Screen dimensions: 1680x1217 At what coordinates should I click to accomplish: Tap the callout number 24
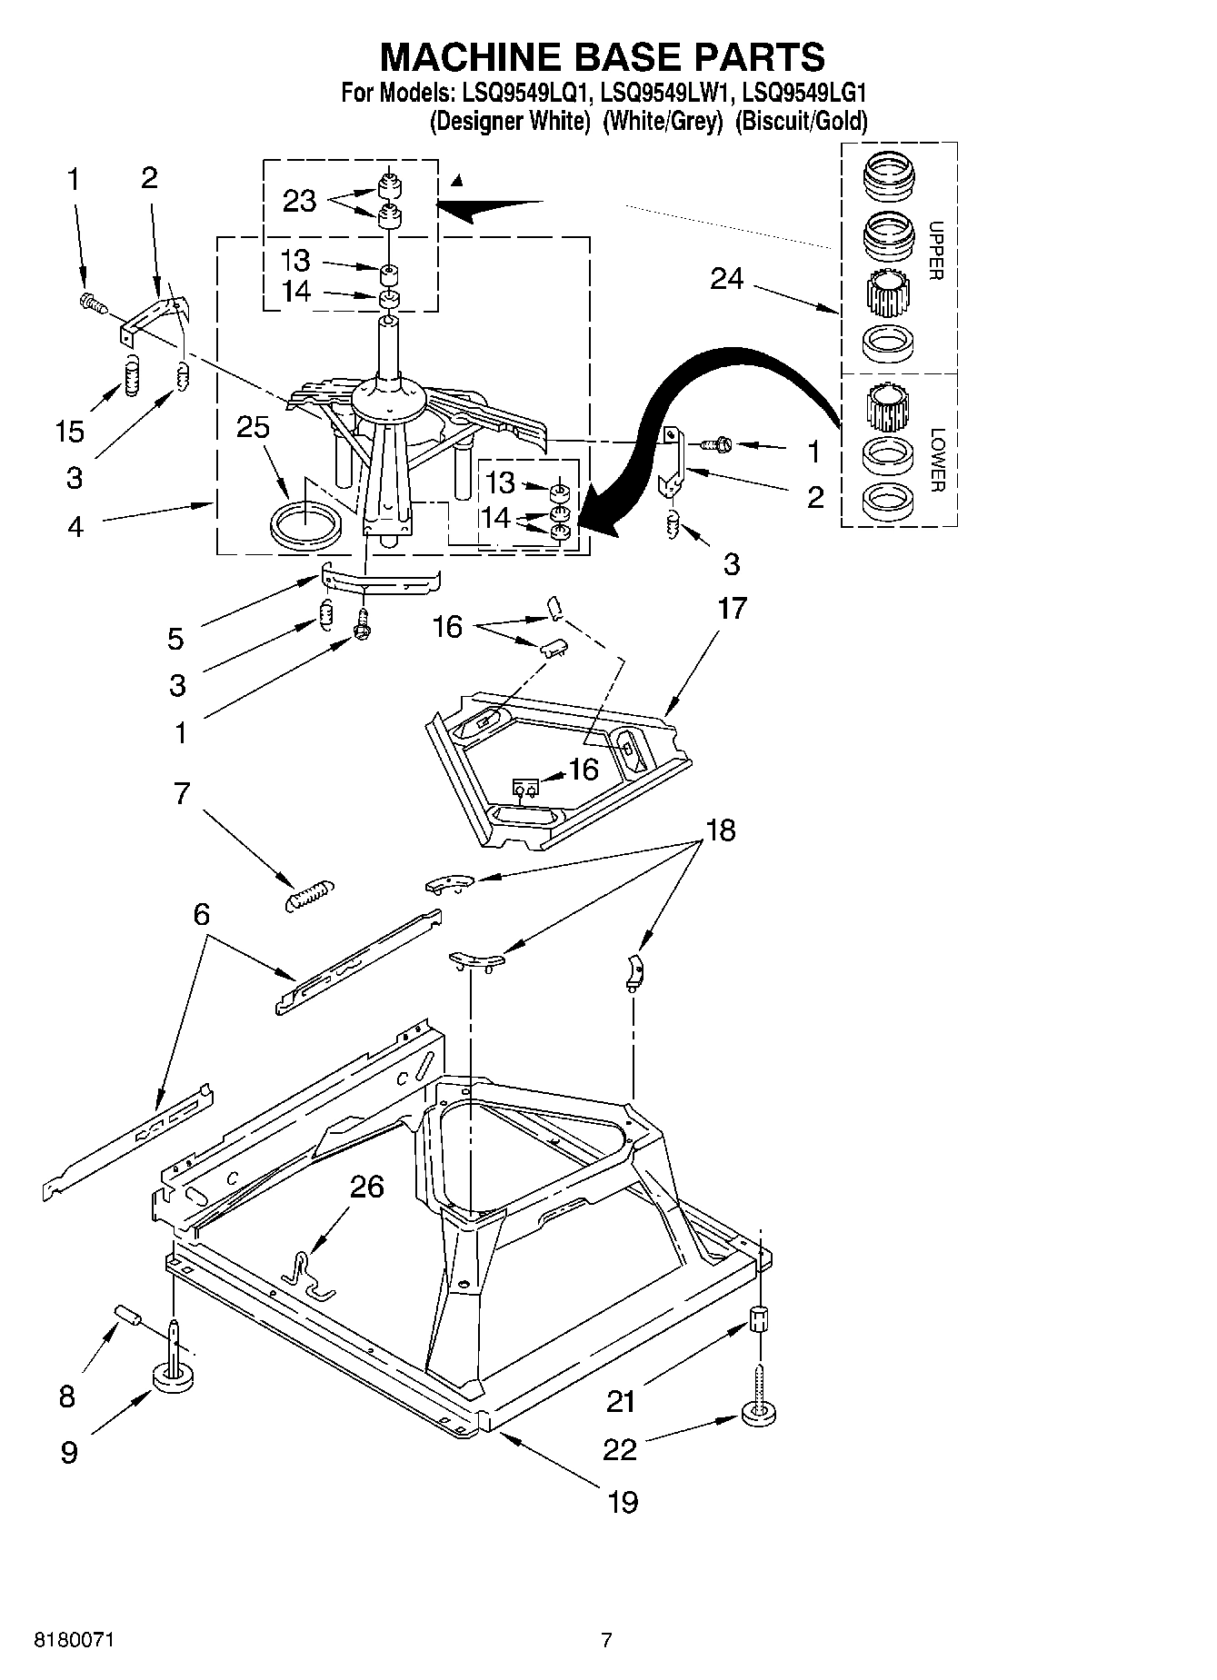[726, 279]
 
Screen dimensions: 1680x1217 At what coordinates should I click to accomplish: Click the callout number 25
[253, 427]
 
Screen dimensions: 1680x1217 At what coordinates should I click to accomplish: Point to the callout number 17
[732, 608]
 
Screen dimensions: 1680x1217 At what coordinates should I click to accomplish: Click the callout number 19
[623, 1501]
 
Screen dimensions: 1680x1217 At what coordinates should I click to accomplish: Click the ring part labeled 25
[306, 526]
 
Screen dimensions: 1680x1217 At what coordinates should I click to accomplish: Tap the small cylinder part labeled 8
[127, 1317]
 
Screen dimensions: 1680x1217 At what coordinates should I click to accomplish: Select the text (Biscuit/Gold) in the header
[801, 121]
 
